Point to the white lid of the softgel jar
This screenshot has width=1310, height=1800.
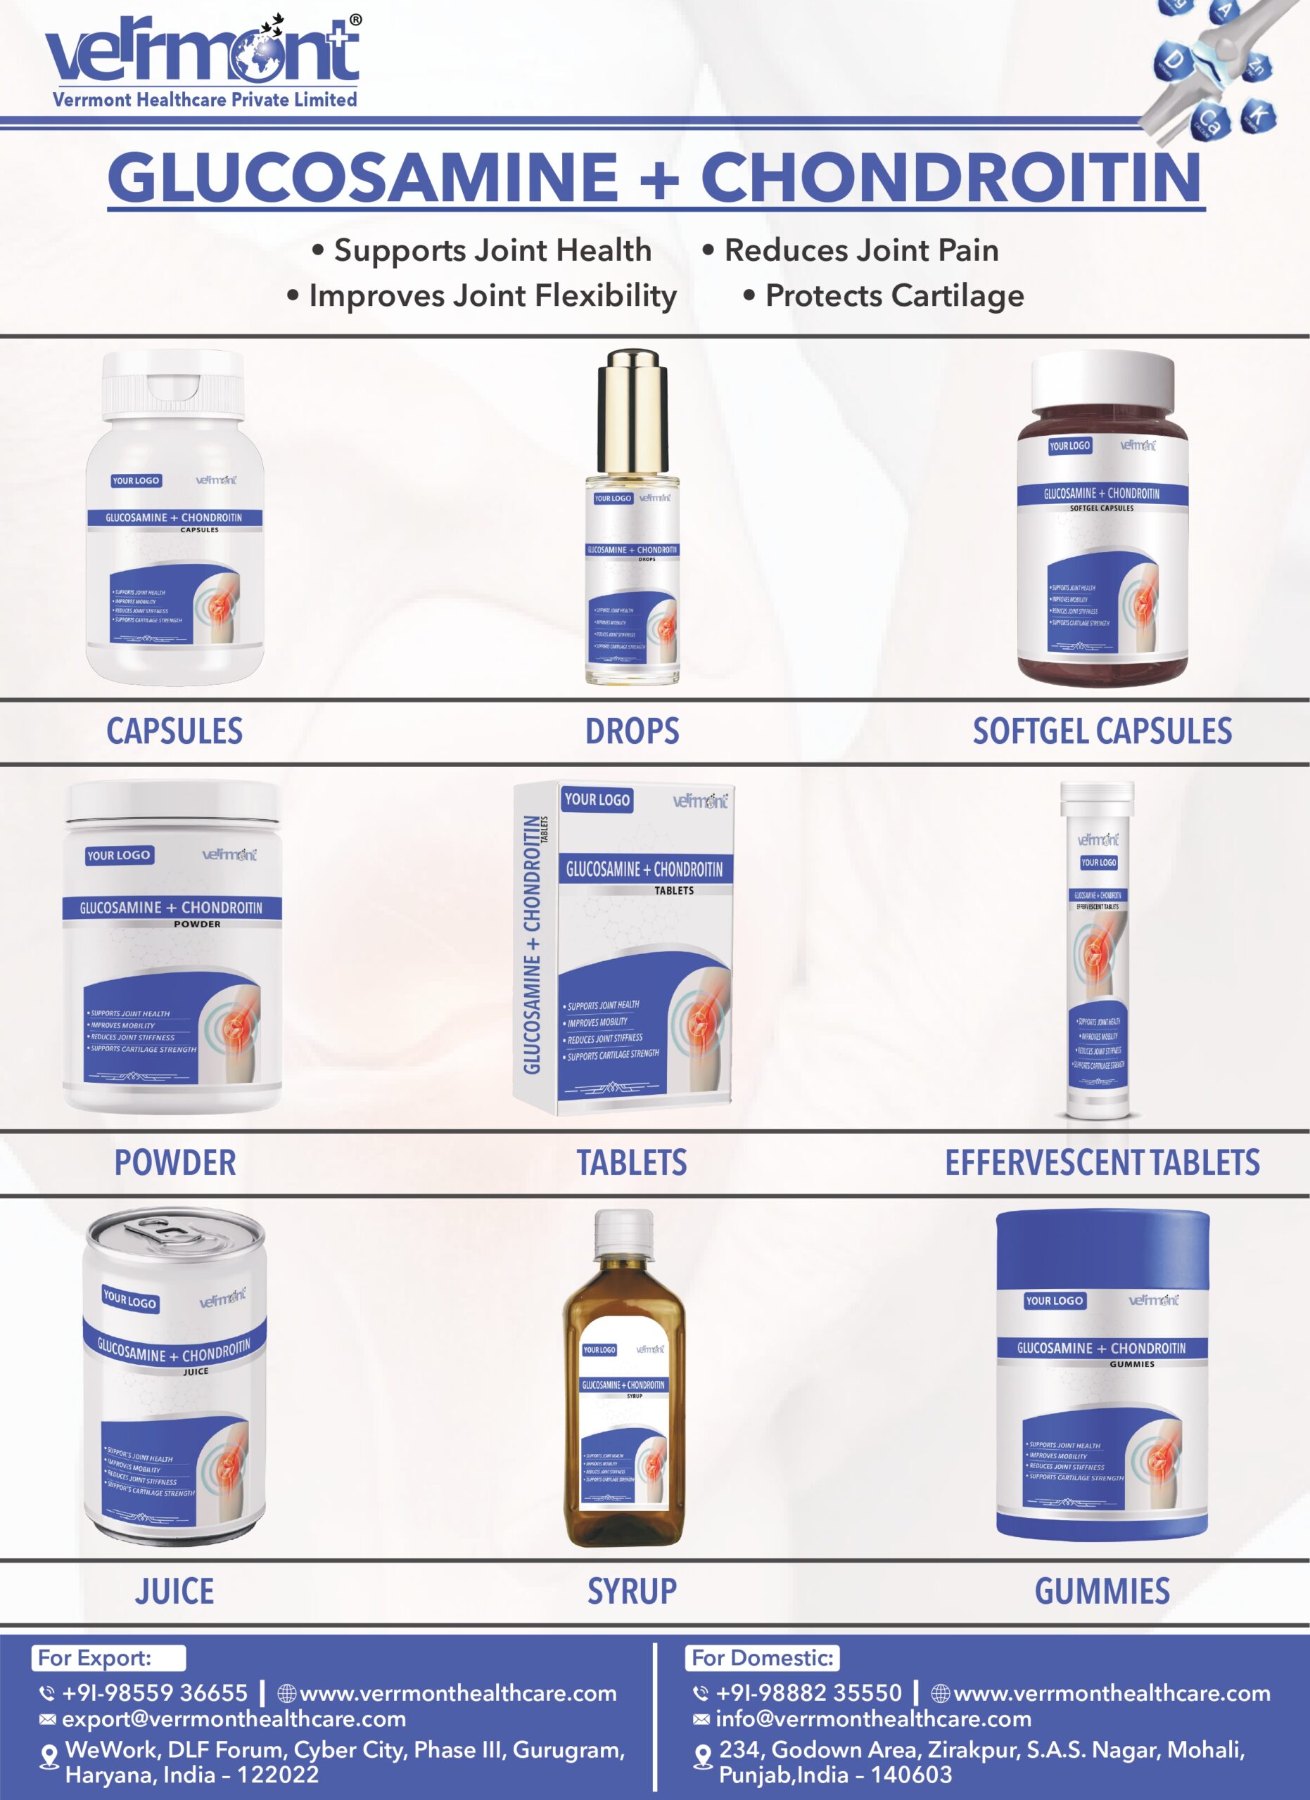[1101, 380]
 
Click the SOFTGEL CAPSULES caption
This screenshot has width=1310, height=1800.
[1101, 731]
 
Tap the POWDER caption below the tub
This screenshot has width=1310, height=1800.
[174, 1163]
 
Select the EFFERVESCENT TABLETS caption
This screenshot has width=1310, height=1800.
[1101, 1163]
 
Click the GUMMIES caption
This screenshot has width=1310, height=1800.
[1101, 1591]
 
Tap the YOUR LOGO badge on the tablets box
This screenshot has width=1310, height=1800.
[597, 800]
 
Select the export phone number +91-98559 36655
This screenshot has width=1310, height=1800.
[155, 1693]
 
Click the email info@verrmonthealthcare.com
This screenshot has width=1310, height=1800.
[872, 1719]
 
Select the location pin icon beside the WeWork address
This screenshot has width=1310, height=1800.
[49, 1756]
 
